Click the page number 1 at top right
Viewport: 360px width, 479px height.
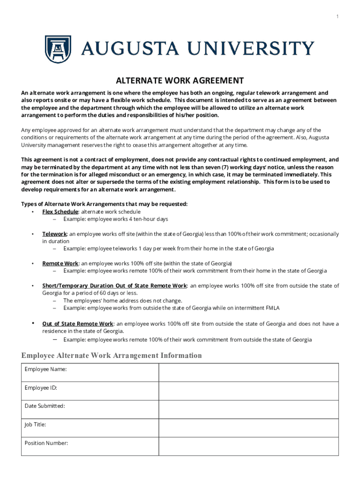pos(337,17)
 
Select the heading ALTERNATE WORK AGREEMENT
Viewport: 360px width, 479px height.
pos(180,80)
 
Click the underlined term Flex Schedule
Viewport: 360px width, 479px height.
pos(60,212)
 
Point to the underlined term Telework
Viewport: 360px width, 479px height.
pos(55,234)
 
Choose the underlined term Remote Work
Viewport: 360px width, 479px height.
pos(60,263)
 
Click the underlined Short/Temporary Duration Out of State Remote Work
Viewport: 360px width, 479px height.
pos(115,285)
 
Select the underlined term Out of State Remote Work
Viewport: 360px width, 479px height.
pos(78,324)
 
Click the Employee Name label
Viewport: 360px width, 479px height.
pos(45,370)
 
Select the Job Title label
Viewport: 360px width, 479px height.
pos(35,425)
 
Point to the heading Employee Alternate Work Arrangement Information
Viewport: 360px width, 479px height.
pos(112,356)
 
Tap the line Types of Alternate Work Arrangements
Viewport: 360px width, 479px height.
pos(104,204)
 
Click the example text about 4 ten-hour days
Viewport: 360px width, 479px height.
pos(115,219)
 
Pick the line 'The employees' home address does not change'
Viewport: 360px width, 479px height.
pos(122,301)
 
